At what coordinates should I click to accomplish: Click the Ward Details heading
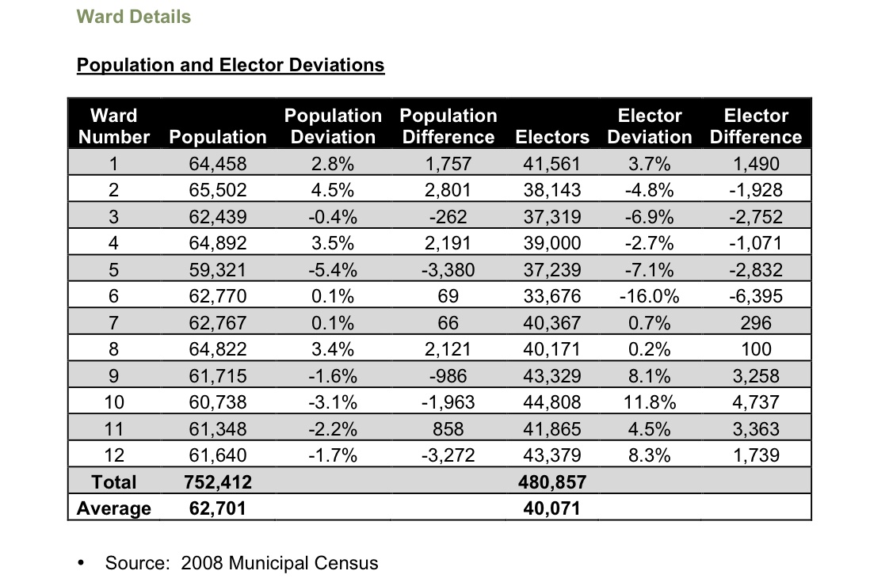point(133,17)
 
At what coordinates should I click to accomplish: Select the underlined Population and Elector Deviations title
point(231,65)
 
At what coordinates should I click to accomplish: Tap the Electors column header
point(552,137)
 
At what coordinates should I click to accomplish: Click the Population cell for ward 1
point(218,164)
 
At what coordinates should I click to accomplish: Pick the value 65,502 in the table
point(218,190)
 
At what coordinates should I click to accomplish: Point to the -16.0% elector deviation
point(649,296)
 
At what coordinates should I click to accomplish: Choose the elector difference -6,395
point(756,296)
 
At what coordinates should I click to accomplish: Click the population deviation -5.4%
point(333,270)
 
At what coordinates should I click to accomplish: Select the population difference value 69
point(448,296)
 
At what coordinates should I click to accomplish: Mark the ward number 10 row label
point(114,402)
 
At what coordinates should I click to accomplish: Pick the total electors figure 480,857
point(552,481)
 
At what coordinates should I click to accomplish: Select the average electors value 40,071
point(552,508)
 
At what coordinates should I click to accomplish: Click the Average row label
point(114,508)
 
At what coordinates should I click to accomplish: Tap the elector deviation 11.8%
point(649,402)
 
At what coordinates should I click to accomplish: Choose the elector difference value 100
point(756,349)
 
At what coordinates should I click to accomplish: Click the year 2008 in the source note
point(202,563)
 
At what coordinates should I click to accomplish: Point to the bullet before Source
point(81,564)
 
